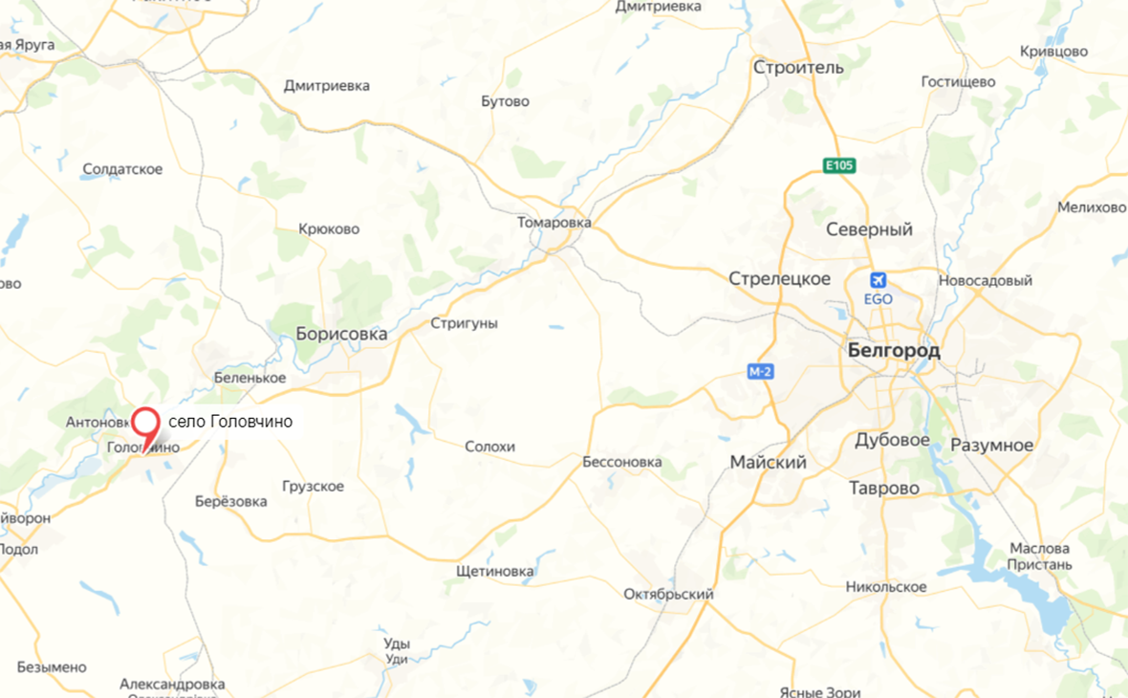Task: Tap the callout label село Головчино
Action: click(230, 422)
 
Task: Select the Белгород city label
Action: click(894, 351)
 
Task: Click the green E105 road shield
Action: click(839, 166)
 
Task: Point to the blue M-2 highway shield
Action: click(760, 372)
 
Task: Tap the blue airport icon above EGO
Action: click(878, 280)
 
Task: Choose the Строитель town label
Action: click(798, 68)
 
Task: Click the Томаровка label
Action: click(554, 223)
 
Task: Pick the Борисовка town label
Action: click(341, 334)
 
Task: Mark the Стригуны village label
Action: click(464, 323)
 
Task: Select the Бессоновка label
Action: click(621, 462)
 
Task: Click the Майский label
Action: click(768, 463)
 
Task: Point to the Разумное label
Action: click(991, 446)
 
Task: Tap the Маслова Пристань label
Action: click(1040, 556)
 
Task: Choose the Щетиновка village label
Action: click(494, 572)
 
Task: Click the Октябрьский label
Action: click(668, 594)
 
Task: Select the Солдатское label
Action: click(122, 169)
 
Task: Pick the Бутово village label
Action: click(505, 101)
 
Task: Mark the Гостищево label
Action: click(958, 82)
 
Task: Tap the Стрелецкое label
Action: click(779, 279)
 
